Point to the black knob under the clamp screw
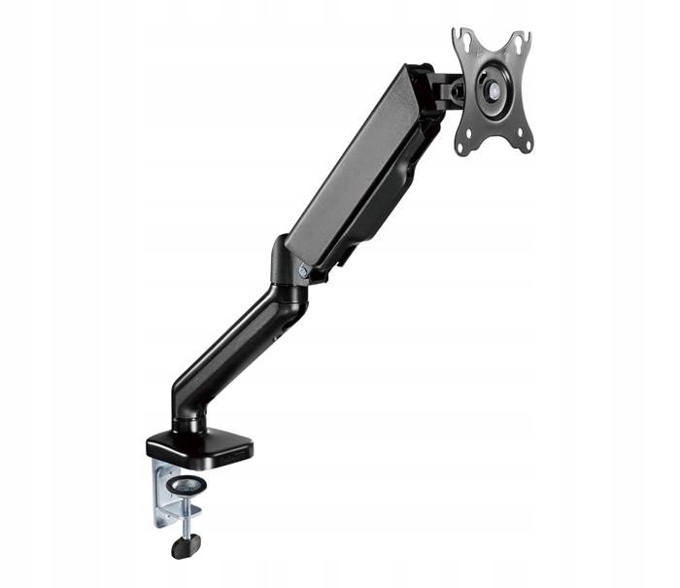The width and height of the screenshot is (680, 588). [182, 546]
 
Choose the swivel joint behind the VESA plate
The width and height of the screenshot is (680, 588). [449, 89]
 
